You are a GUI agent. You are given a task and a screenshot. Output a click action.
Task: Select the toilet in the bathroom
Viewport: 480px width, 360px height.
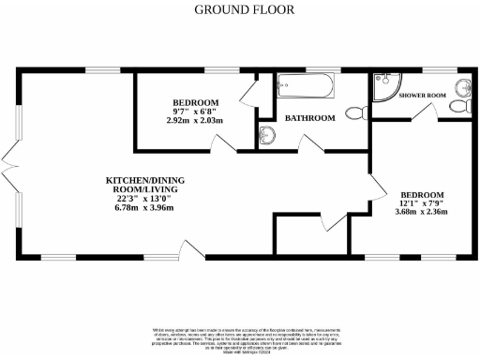pyautogui.click(x=354, y=113)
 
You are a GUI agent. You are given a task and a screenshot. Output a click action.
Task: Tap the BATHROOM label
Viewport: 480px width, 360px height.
pyautogui.click(x=310, y=118)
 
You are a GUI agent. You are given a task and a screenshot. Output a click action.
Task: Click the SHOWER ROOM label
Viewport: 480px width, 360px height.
pyautogui.click(x=421, y=96)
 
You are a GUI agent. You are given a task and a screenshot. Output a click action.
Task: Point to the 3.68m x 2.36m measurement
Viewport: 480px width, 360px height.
pyautogui.click(x=419, y=212)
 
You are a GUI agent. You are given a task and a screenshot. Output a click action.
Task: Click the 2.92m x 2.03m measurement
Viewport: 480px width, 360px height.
pyautogui.click(x=195, y=121)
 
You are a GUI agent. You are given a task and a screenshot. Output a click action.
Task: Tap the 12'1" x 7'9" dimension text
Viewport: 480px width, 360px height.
pyautogui.click(x=419, y=202)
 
